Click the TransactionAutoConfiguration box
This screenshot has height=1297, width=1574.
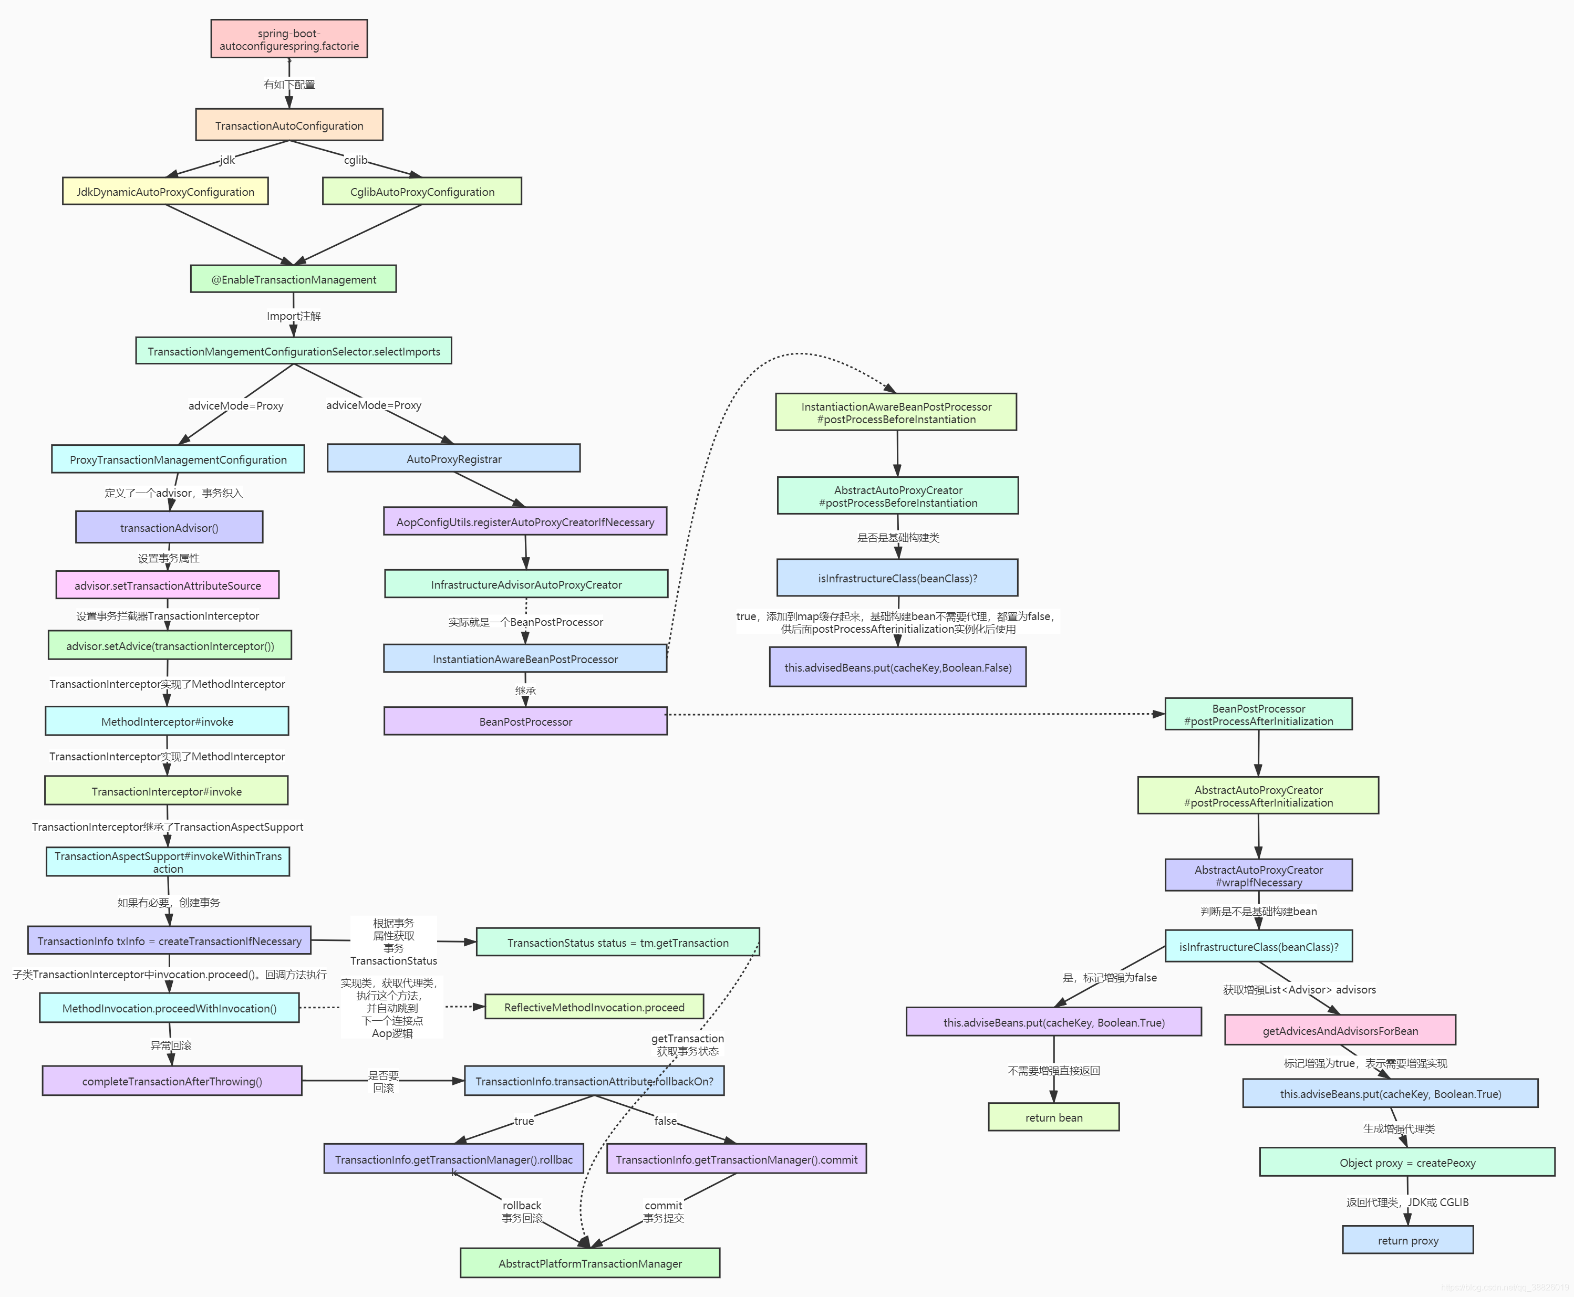[x=289, y=125]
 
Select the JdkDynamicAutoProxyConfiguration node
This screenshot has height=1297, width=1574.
[x=165, y=191]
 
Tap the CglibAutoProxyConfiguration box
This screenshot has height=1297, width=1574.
[x=421, y=191]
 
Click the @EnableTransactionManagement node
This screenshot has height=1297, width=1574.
[x=293, y=279]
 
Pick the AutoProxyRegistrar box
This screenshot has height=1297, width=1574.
[x=454, y=459]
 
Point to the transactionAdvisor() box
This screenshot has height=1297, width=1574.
[x=169, y=528]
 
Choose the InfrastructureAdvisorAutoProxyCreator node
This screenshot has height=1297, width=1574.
[x=526, y=584]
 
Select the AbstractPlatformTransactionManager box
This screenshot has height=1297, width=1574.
[x=589, y=1263]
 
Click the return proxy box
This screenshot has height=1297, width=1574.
[x=1407, y=1240]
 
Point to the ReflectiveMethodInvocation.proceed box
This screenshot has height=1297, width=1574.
[x=594, y=1007]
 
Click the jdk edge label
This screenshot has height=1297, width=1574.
[x=227, y=160]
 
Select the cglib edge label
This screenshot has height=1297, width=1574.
[x=356, y=160]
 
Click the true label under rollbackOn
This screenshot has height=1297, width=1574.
[x=524, y=1121]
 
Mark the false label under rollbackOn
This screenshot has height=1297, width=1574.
[x=665, y=1121]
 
